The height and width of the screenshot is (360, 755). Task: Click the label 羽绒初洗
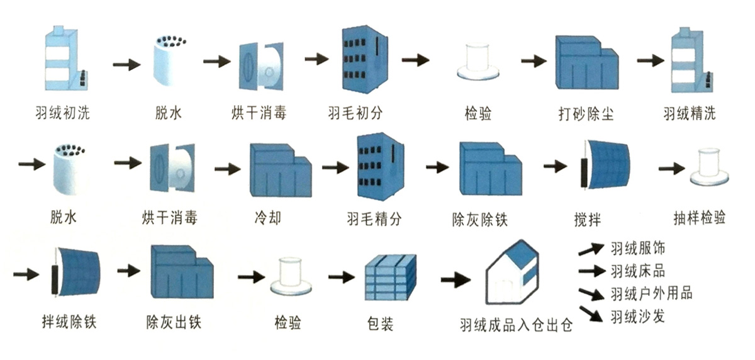tap(63, 115)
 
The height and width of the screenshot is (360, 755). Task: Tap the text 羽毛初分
tap(355, 115)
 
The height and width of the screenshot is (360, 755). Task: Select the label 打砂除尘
tap(586, 115)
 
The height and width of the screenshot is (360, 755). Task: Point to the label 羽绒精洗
tap(689, 115)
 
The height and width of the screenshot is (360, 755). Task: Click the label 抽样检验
tap(699, 218)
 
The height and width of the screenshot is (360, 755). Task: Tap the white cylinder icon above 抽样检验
tap(710, 167)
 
